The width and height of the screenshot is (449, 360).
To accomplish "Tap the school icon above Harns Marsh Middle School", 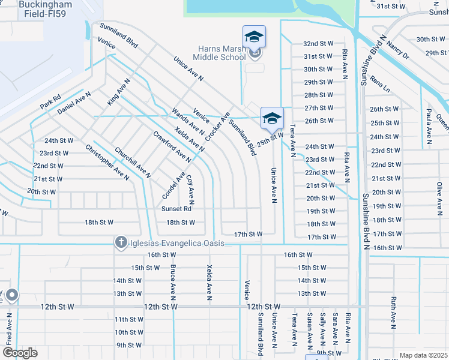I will click(254, 37).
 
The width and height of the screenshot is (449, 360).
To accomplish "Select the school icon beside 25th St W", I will click(272, 118).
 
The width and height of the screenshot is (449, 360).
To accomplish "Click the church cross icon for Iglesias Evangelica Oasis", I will click(120, 242).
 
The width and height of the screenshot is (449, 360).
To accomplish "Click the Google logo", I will click(19, 353).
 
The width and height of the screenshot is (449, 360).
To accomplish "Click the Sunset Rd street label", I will click(176, 209).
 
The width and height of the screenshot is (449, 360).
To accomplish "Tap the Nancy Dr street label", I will click(397, 50).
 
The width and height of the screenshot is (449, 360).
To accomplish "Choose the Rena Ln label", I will click(379, 83).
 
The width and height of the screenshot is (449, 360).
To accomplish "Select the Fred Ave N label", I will click(9, 328).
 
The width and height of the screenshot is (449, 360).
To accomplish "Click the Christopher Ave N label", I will click(107, 162).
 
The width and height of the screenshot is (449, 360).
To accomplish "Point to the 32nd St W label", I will click(318, 44).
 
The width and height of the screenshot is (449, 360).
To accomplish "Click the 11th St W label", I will click(128, 319).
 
